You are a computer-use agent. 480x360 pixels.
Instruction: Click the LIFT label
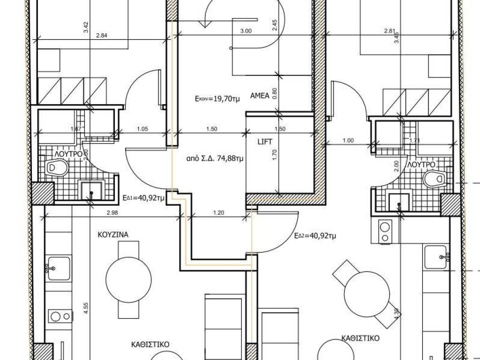265,142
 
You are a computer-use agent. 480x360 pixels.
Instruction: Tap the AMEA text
260,96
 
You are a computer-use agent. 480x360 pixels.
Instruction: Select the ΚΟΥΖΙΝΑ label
113,235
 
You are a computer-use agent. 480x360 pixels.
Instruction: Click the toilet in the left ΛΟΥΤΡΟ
56,168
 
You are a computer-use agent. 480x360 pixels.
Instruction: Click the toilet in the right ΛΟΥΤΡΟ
435,179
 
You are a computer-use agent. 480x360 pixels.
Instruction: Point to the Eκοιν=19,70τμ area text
217,98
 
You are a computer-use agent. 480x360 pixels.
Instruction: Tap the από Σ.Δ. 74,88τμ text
215,158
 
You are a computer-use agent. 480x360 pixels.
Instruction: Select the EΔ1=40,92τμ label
143,198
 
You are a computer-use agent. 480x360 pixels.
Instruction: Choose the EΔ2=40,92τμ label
315,236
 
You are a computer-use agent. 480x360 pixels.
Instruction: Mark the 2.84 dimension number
102,36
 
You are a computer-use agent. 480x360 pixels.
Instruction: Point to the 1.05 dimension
142,129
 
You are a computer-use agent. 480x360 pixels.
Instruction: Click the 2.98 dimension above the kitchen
112,212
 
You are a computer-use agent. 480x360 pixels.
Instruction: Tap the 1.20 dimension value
218,212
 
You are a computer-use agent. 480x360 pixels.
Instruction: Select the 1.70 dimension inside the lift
274,155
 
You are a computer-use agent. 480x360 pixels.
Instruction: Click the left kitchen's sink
58,269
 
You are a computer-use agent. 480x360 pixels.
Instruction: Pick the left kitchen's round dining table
128,279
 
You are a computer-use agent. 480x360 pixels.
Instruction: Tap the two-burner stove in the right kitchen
385,232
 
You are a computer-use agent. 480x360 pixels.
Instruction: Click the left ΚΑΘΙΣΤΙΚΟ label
150,345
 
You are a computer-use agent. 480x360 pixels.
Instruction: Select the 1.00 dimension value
348,141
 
